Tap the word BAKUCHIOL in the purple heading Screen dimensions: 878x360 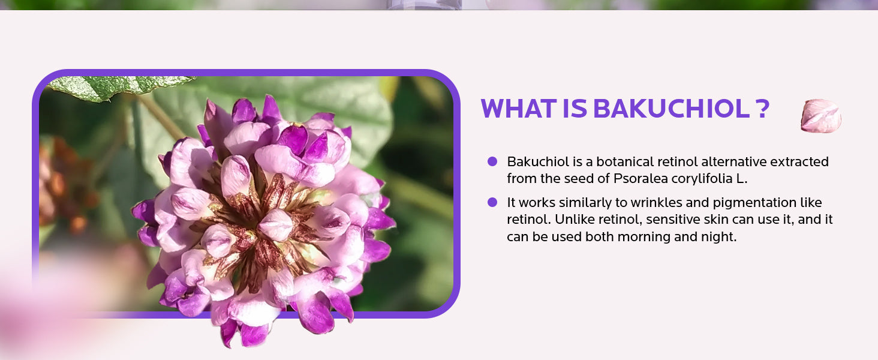(x=672, y=108)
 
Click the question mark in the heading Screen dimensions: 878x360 (x=763, y=108)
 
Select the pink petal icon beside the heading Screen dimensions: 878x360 (x=821, y=116)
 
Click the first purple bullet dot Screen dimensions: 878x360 (x=492, y=161)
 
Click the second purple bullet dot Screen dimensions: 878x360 (x=492, y=202)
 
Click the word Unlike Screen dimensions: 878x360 (x=575, y=219)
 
